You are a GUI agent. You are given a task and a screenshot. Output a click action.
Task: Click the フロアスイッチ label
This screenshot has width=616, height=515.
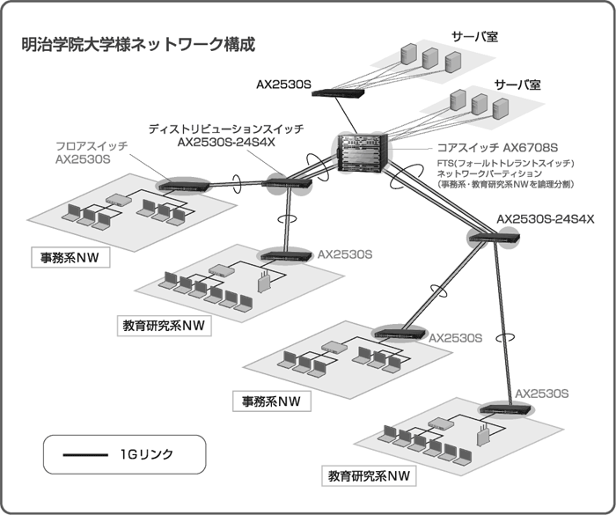coord(92,145)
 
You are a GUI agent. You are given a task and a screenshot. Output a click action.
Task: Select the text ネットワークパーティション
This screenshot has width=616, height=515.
coord(489,174)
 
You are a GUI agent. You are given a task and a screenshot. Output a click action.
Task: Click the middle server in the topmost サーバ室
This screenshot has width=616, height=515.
coord(430,57)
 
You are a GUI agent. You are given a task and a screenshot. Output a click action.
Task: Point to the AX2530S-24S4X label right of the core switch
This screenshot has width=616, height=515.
coord(546,217)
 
